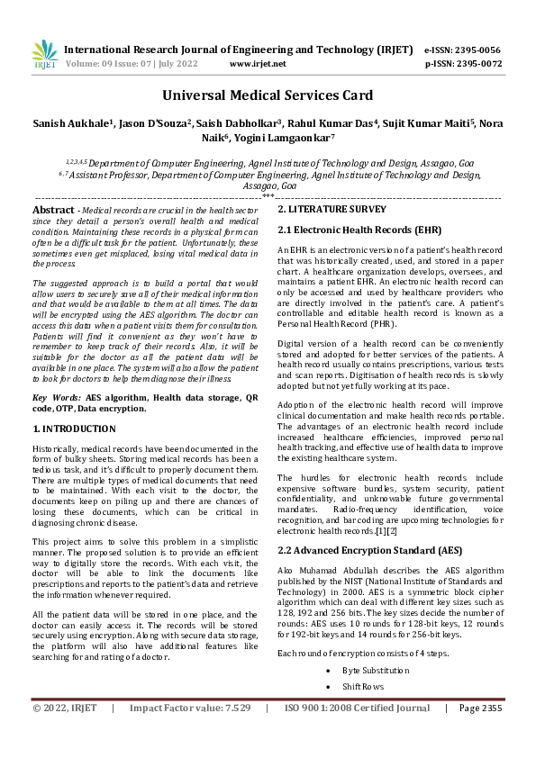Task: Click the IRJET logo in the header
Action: point(45,56)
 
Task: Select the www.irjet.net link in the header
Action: point(258,64)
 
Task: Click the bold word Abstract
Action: point(52,209)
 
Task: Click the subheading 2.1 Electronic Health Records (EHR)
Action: point(348,230)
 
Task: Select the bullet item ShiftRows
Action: point(363,687)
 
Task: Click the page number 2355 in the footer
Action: point(491,734)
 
